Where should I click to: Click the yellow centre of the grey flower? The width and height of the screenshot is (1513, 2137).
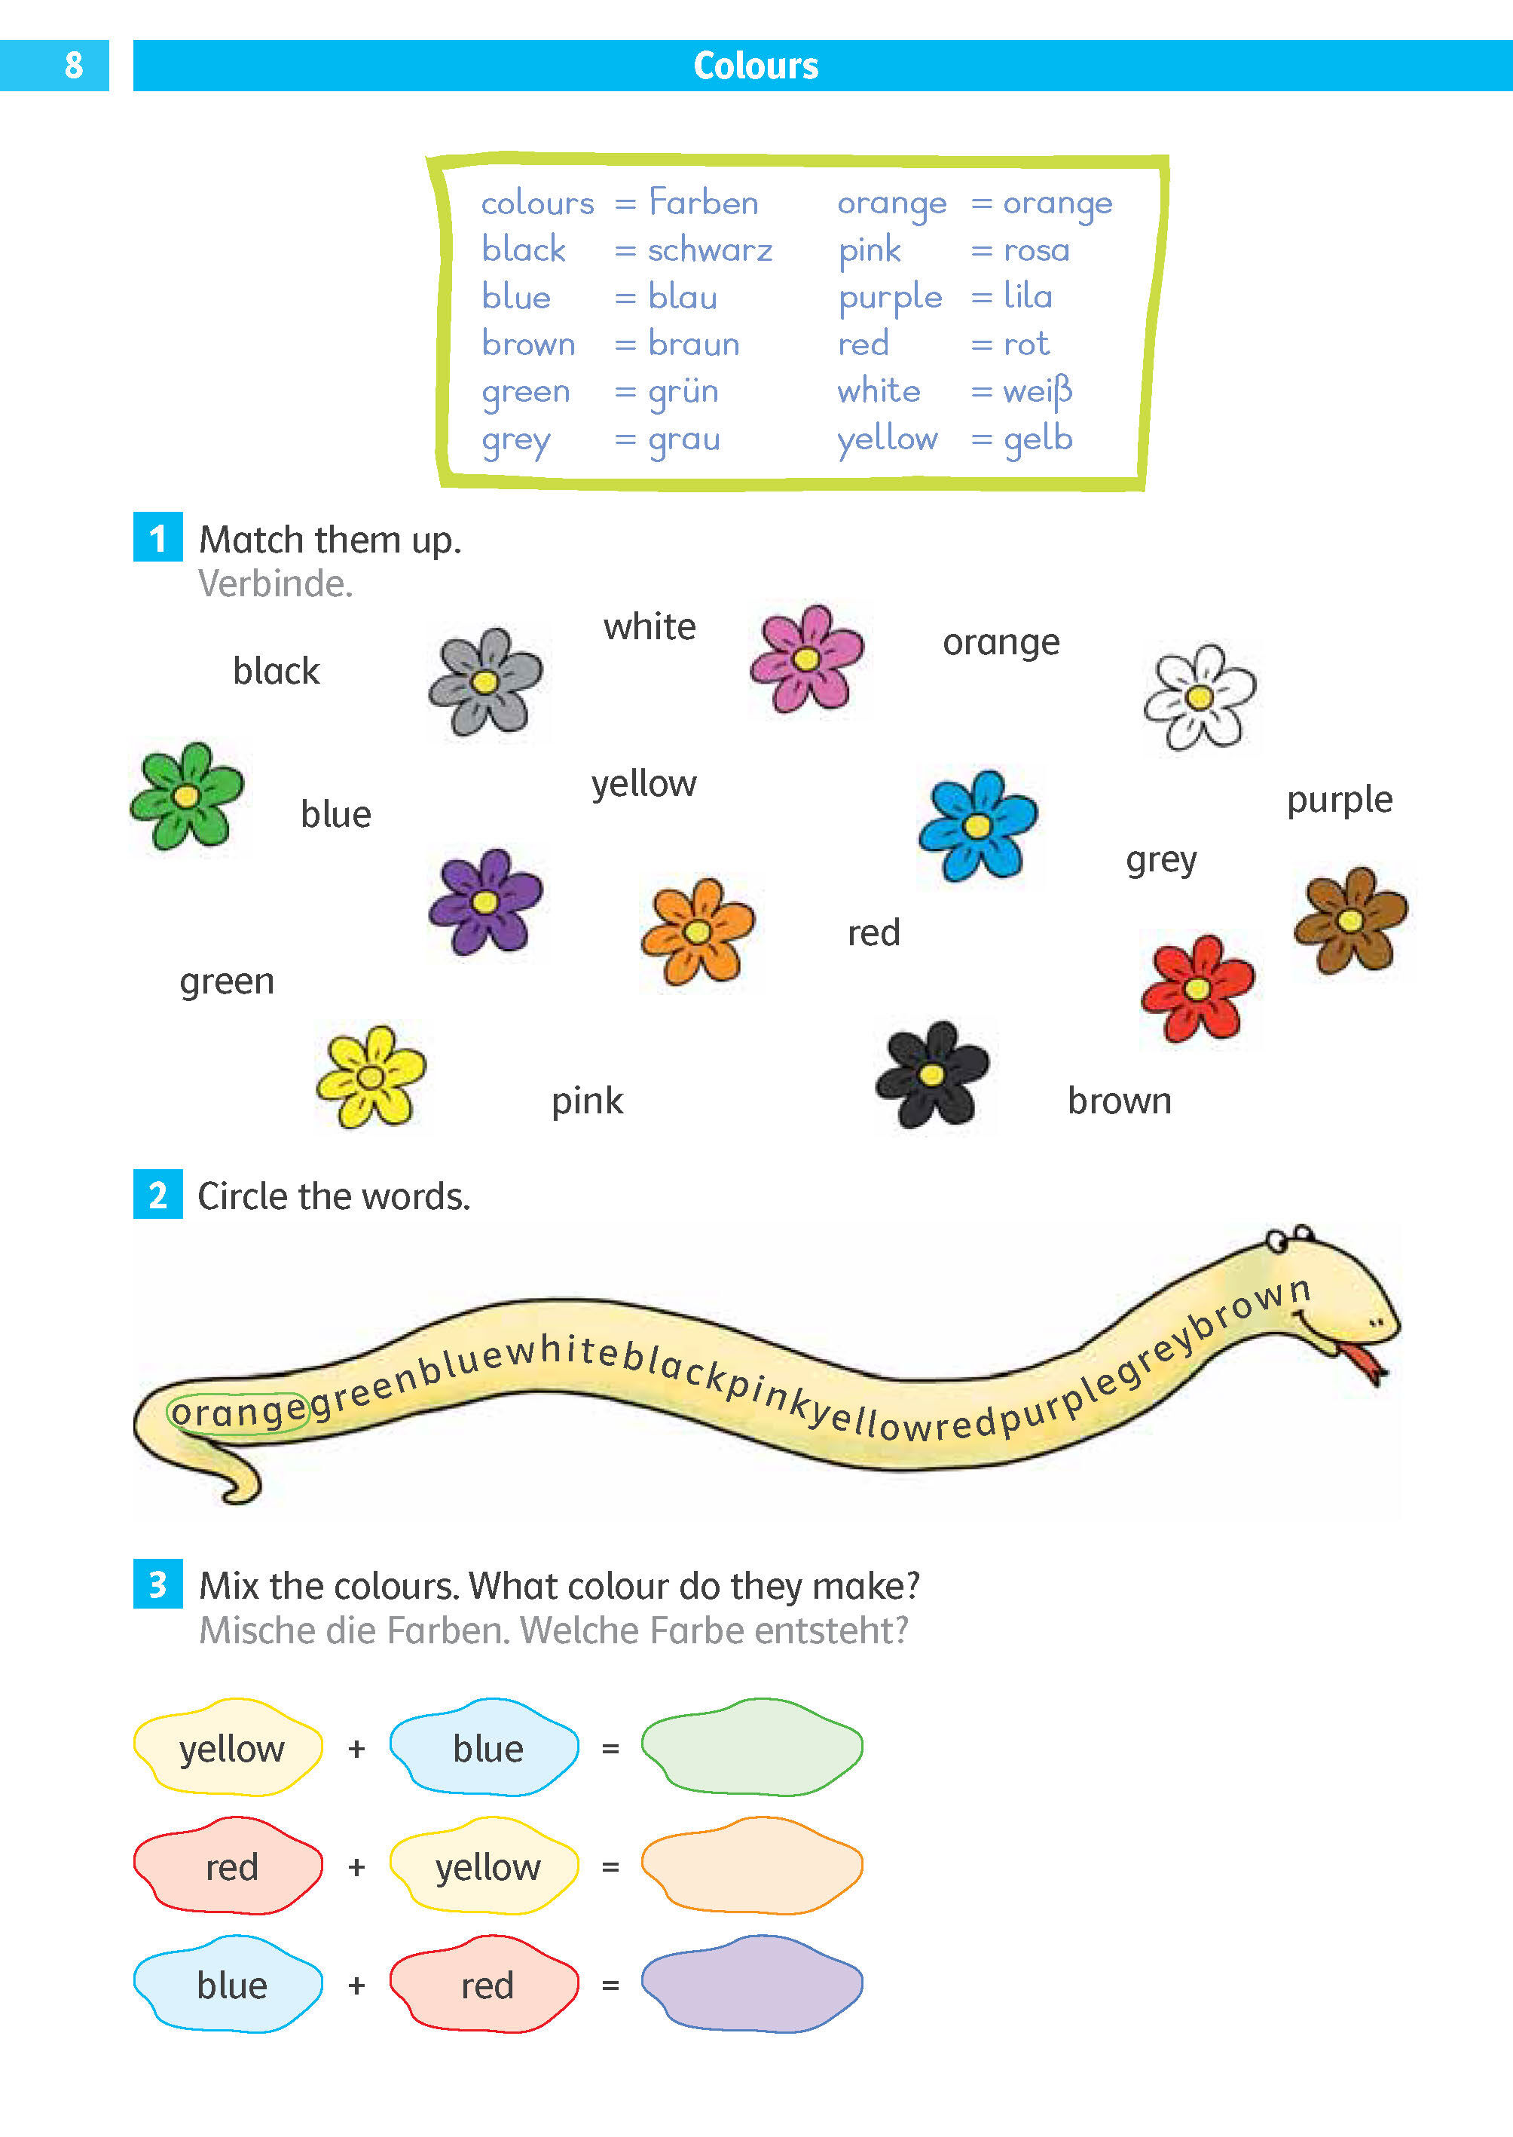point(484,682)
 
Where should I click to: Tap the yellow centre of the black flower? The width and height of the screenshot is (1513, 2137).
point(931,1076)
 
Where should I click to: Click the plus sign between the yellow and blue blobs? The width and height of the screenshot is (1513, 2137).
point(356,1748)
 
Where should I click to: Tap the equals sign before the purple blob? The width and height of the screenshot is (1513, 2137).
point(610,1985)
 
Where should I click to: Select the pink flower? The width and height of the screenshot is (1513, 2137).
point(807,658)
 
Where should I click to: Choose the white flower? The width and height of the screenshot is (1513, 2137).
point(1200,697)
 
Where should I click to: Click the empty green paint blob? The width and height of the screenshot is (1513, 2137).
point(752,1747)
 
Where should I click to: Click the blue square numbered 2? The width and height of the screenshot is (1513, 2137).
point(157,1194)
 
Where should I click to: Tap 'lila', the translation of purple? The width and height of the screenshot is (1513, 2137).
point(1028,296)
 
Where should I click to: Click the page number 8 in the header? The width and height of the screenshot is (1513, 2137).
point(74,66)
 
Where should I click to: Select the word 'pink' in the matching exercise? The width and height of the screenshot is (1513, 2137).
point(587,1101)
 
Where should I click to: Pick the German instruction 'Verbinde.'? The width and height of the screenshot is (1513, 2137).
point(276,584)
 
